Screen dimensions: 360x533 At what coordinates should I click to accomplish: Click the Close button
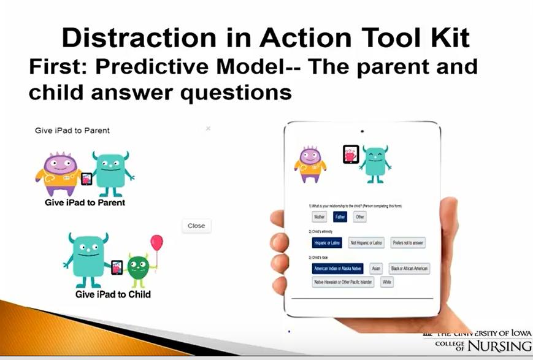[196, 226]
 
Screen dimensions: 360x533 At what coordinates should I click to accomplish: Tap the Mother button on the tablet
[320, 217]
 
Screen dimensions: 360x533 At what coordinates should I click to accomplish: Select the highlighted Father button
[340, 217]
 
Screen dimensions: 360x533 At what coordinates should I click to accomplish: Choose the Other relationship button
[360, 217]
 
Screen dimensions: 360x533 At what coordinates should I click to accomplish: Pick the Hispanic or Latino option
[326, 243]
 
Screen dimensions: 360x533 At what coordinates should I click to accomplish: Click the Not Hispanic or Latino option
[366, 243]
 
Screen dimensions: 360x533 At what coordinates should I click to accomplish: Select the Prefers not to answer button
[408, 243]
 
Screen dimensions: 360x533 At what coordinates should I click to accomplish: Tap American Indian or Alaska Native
[337, 269]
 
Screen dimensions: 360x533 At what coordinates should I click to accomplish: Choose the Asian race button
[376, 269]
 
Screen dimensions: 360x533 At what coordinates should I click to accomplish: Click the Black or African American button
[409, 269]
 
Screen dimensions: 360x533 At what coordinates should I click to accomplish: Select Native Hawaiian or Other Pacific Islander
[343, 282]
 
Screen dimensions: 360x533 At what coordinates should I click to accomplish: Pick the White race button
[386, 282]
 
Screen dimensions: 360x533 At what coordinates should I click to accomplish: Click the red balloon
[157, 242]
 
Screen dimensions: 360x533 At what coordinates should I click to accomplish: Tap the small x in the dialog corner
[208, 128]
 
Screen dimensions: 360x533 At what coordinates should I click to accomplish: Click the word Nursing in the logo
[500, 346]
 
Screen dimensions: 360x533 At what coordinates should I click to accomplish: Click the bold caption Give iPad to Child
[113, 294]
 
